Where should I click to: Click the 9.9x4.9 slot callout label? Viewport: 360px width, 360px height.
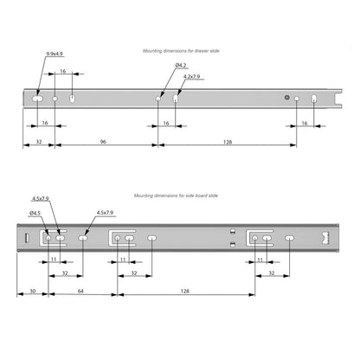[55, 54]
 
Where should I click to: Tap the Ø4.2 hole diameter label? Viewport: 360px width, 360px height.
[181, 66]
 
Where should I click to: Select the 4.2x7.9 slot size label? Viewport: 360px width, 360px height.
[191, 77]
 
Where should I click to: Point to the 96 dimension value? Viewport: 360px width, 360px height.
[103, 142]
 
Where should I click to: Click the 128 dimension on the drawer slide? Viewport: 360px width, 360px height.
[228, 142]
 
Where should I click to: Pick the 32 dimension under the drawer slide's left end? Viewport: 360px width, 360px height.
[39, 142]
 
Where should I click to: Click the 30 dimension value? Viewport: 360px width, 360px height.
[33, 291]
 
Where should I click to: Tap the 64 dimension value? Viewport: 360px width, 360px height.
[80, 291]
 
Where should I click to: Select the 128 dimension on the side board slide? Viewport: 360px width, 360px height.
[185, 291]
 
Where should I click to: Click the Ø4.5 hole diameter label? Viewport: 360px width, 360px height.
[35, 213]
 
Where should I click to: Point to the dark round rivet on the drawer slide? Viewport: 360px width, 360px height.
[286, 97]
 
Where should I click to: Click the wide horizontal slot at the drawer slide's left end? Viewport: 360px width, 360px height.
[37, 99]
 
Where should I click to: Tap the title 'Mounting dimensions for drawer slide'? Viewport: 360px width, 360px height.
[181, 51]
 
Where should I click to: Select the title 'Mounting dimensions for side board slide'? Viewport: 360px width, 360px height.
[176, 196]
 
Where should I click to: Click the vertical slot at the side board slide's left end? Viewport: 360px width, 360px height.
[27, 238]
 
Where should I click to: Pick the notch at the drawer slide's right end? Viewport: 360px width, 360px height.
[338, 99]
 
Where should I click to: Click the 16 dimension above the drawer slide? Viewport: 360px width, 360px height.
[63, 71]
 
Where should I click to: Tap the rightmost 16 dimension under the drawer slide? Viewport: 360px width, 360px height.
[305, 123]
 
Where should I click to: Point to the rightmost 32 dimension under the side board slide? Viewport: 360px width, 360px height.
[272, 273]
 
